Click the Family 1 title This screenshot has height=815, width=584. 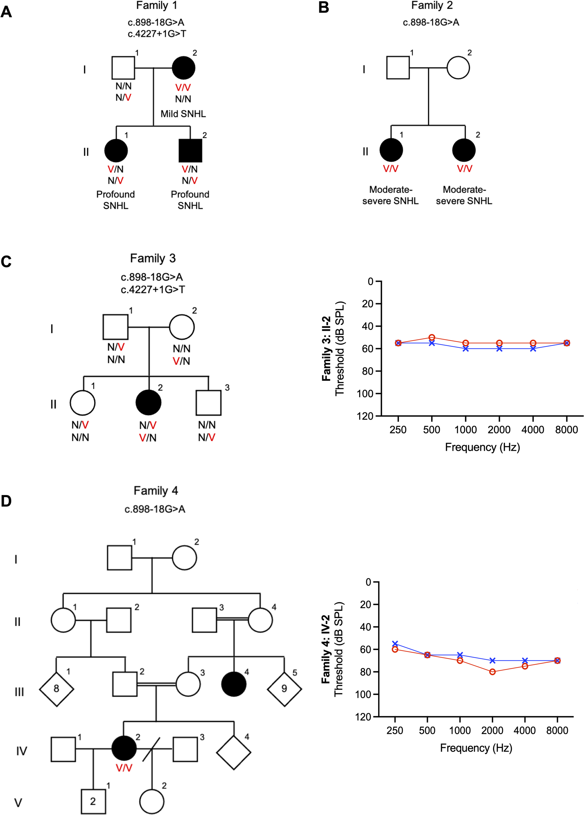(156, 6)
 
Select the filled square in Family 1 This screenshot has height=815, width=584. (190, 150)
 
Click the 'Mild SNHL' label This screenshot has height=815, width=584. (183, 114)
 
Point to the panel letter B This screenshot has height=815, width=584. (324, 8)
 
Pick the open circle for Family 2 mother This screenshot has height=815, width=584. (458, 67)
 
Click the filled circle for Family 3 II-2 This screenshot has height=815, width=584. (148, 403)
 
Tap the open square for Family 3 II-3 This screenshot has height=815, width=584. (208, 403)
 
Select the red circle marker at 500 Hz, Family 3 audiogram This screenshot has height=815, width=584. (432, 337)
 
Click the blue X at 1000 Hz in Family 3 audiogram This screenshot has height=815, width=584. (466, 348)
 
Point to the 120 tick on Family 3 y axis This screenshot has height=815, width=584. (365, 416)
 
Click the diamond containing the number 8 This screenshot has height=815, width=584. (57, 688)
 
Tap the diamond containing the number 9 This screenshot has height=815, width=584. (284, 688)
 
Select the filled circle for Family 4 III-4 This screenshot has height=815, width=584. (234, 683)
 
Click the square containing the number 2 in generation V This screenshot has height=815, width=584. (93, 801)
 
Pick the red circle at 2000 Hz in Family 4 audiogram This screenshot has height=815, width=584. (492, 672)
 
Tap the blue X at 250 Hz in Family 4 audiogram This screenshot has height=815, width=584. (395, 643)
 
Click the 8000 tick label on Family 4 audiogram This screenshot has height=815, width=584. (557, 730)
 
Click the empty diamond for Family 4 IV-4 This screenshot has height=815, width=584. (234, 752)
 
